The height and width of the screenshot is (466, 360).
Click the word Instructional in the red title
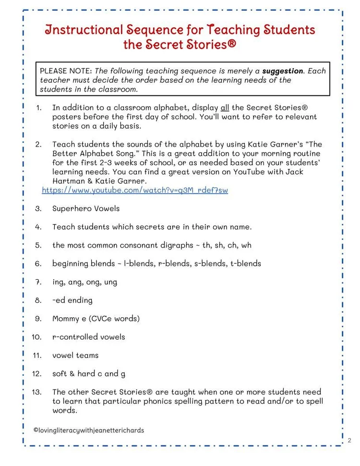coord(84,30)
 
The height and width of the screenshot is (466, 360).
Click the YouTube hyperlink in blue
coord(135,190)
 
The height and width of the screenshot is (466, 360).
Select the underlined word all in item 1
coord(225,108)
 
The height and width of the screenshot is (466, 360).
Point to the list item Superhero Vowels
coord(86,208)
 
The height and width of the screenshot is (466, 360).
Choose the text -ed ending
coord(72,300)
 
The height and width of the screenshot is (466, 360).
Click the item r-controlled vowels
coord(88,337)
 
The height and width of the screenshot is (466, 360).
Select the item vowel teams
coord(75,355)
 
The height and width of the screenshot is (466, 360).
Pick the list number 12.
coord(37,373)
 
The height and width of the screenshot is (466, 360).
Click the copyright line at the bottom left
coord(89,430)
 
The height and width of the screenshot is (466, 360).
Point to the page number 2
coord(349,440)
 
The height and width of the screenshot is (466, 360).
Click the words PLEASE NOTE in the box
coord(60,71)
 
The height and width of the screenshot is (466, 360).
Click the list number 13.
coord(37,392)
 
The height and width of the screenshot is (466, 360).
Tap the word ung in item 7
coord(110,282)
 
